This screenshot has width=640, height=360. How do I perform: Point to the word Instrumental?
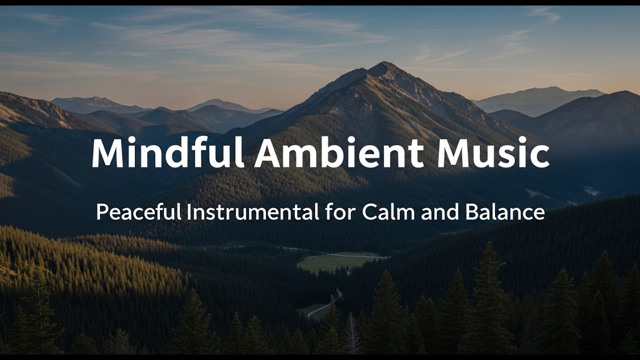click(x=253, y=212)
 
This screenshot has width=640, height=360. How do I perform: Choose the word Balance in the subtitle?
click(x=505, y=212)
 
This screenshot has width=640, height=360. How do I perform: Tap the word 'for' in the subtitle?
click(x=340, y=212)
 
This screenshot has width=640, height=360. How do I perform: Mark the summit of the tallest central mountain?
click(x=384, y=63)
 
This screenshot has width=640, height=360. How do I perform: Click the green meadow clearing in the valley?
click(x=335, y=261)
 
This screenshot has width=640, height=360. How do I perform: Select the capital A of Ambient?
click(x=268, y=152)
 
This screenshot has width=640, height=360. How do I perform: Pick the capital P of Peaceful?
click(x=101, y=212)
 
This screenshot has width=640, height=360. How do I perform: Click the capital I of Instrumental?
click(x=189, y=212)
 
